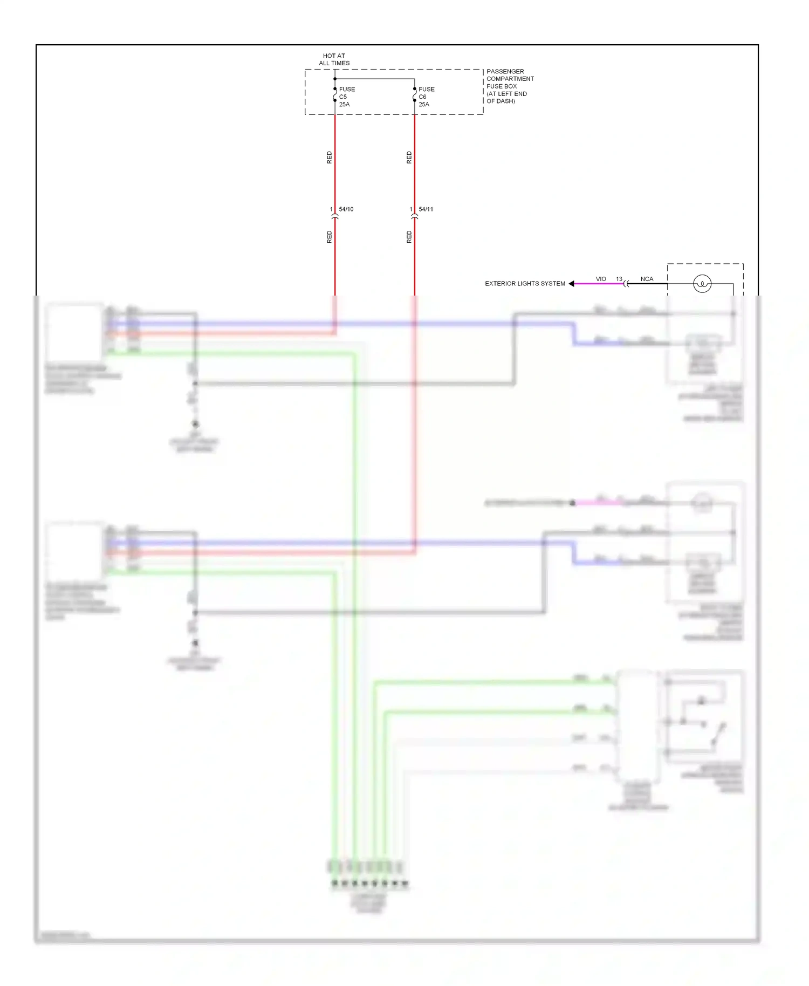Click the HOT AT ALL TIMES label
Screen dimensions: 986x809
click(334, 59)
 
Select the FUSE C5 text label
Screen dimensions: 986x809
click(346, 93)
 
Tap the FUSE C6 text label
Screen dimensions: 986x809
click(426, 93)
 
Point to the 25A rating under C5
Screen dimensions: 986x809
click(344, 105)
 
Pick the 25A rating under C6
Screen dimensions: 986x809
click(424, 105)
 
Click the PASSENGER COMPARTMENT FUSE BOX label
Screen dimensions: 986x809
click(510, 86)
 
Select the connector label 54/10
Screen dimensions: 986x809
click(346, 209)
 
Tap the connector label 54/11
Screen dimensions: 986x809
click(426, 209)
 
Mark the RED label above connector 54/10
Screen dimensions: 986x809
click(330, 158)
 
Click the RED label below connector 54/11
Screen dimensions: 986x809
click(409, 237)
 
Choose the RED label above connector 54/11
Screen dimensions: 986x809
click(409, 158)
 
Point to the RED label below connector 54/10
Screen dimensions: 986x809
click(330, 237)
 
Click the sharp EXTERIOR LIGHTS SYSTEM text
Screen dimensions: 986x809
click(525, 284)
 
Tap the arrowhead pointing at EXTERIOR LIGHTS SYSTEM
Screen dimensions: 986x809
click(571, 284)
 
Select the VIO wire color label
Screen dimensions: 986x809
click(600, 279)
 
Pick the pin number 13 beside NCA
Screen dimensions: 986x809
click(619, 279)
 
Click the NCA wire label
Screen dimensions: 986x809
click(647, 279)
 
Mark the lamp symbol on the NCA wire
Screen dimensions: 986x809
click(702, 284)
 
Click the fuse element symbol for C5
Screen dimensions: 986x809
click(334, 96)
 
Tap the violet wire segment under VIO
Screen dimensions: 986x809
click(599, 284)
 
